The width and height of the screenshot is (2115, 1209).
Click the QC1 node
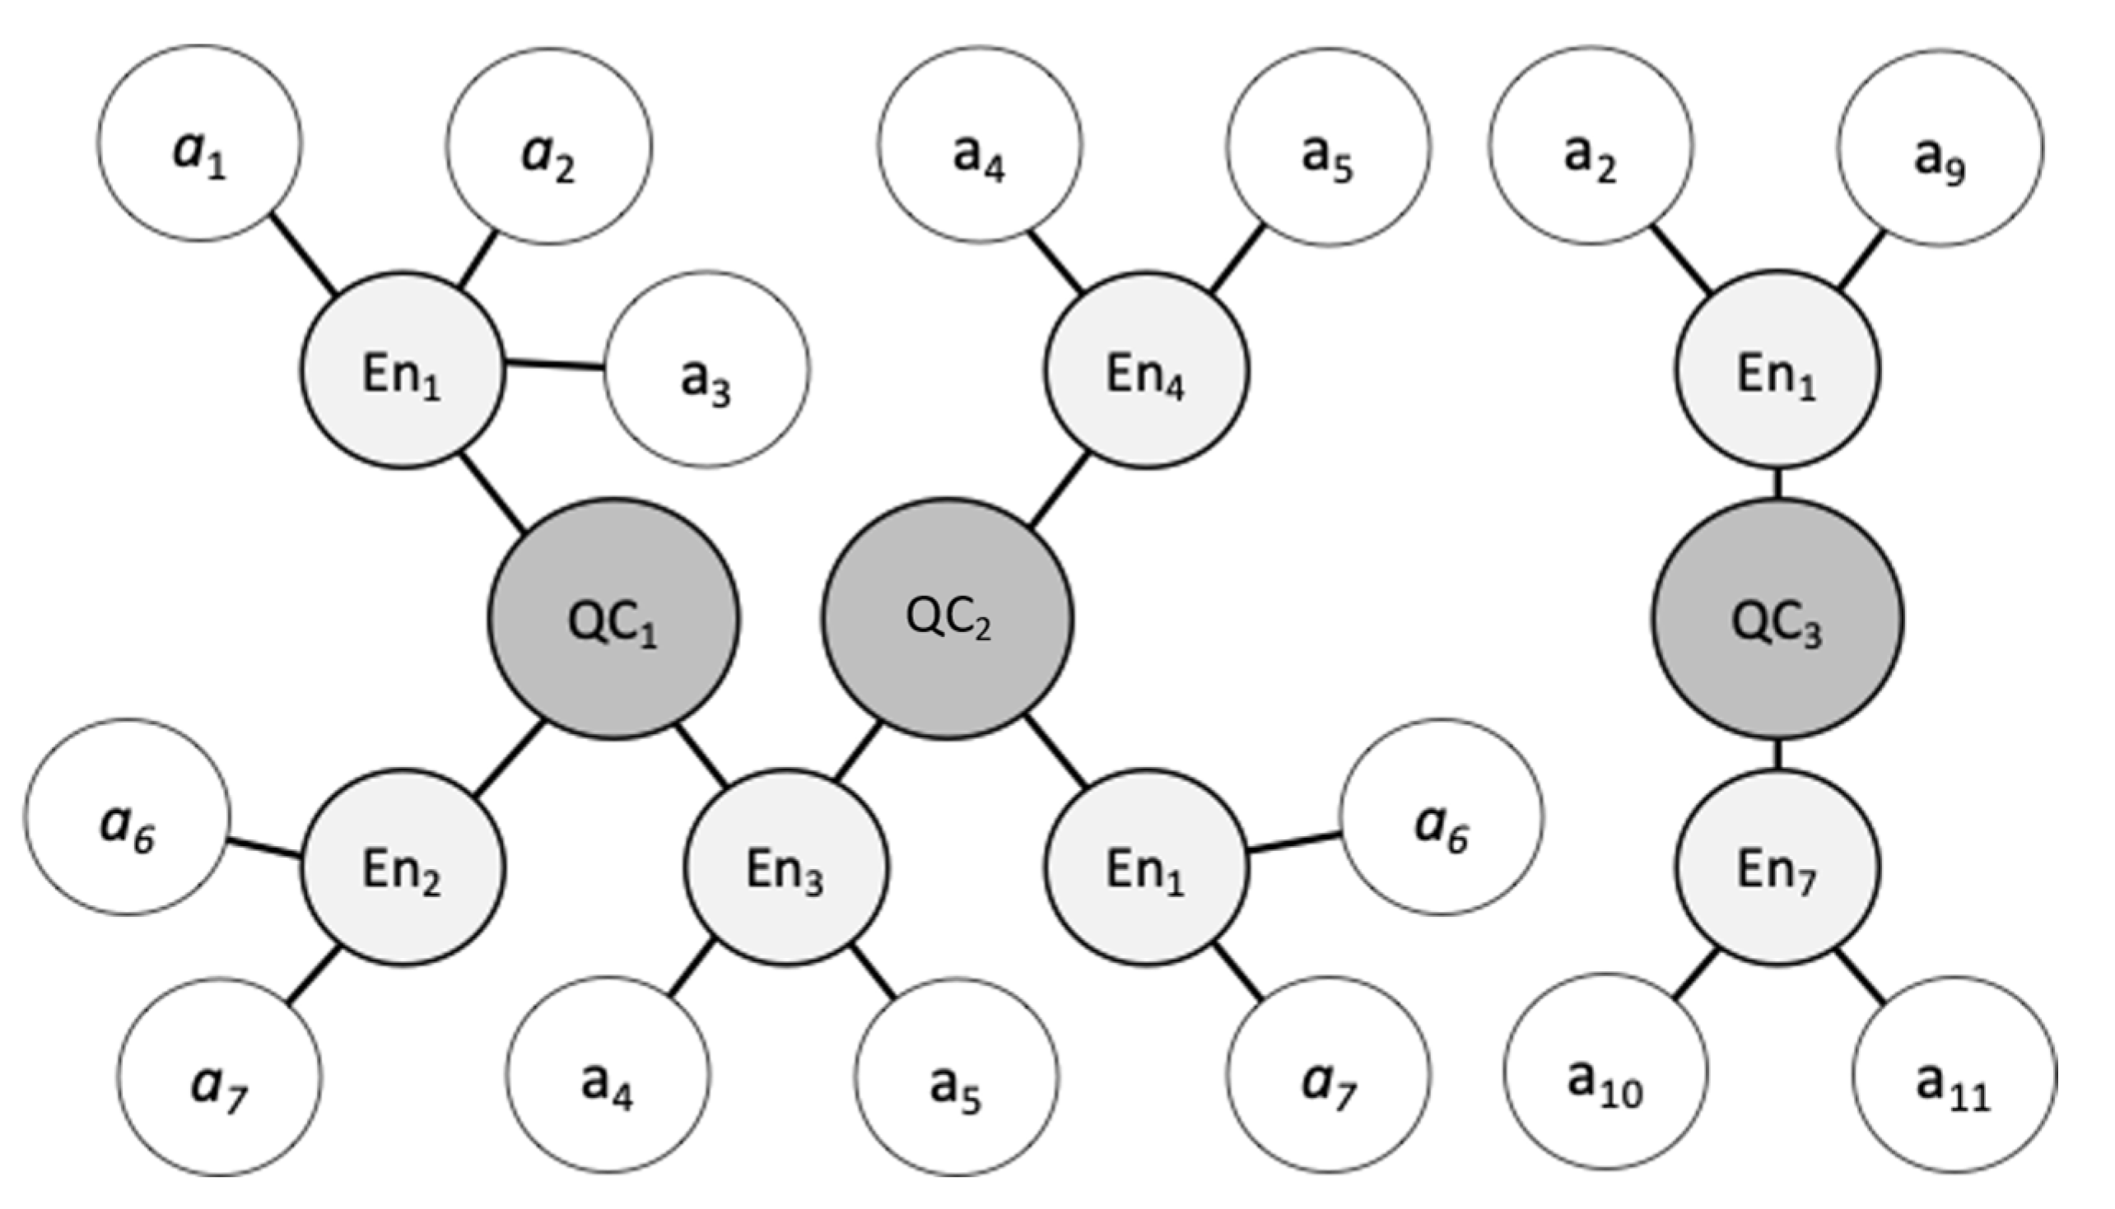pos(613,620)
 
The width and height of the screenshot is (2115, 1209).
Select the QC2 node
pos(948,618)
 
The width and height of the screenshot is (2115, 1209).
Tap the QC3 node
pos(1776,620)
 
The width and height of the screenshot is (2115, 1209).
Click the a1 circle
pos(199,144)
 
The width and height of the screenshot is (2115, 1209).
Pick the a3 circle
pos(706,369)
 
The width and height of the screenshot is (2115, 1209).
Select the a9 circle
pos(1940,148)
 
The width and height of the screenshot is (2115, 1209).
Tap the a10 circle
pos(1605,1072)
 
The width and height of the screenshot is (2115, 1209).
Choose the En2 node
pos(402,867)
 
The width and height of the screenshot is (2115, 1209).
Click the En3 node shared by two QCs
pos(785,867)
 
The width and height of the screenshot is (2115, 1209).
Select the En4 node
pos(1146,370)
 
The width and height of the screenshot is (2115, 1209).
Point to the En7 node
pos(1776,867)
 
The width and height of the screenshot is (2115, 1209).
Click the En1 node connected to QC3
pos(1776,370)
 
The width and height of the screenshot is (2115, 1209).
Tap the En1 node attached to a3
pos(402,370)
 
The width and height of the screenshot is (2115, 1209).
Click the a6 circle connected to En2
pos(126,817)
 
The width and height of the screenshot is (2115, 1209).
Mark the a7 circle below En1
pos(1329,1075)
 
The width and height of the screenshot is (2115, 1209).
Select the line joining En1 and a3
pos(555,365)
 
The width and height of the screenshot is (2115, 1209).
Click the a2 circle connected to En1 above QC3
pos(1591,146)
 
